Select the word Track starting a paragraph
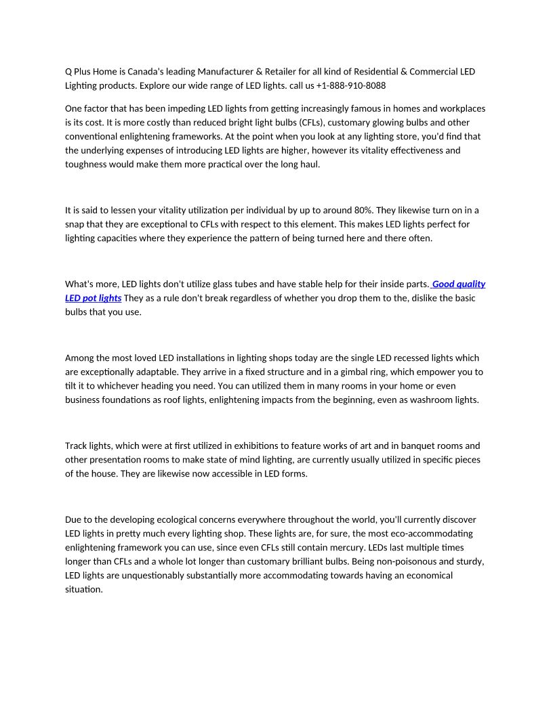[x=77, y=446]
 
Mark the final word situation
[x=83, y=589]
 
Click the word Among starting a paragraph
[x=80, y=358]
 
